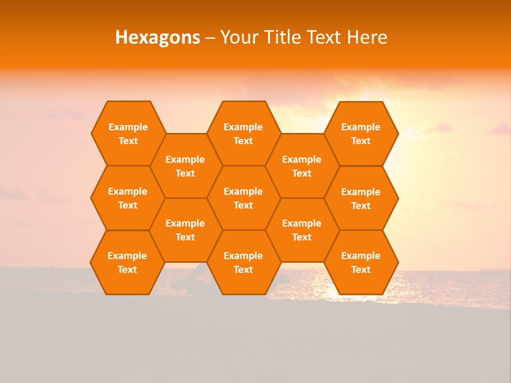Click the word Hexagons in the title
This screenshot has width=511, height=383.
point(158,37)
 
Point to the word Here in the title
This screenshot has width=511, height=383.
point(367,37)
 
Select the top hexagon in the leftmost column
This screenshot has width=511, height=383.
point(128,134)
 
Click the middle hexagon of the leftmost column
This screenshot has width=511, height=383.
point(128,198)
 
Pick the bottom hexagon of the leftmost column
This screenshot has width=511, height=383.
point(127,262)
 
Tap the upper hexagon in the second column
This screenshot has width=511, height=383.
point(185,166)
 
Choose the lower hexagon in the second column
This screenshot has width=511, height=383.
point(185,230)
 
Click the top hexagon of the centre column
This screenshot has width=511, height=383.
point(243,134)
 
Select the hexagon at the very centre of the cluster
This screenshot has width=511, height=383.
point(243,198)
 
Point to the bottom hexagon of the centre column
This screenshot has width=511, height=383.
point(243,262)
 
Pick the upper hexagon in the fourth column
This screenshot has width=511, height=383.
point(302,166)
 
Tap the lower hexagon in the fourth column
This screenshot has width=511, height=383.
point(302,230)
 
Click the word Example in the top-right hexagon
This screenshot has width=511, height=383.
point(361,127)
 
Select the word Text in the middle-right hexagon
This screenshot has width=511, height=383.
point(361,206)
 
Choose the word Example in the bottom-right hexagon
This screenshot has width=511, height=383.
point(361,256)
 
